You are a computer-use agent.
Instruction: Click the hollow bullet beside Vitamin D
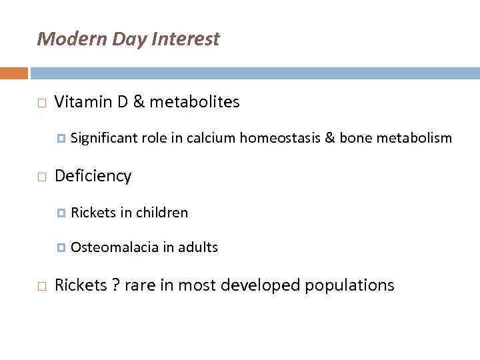tap(41, 103)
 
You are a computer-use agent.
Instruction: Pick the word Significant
tap(104, 138)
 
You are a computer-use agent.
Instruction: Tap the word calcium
tap(211, 138)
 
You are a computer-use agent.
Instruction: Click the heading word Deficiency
tap(93, 177)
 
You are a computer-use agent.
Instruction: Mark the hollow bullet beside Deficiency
tap(41, 177)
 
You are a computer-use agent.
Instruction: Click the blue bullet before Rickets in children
tap(61, 213)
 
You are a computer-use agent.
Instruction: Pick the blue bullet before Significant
tap(61, 139)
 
